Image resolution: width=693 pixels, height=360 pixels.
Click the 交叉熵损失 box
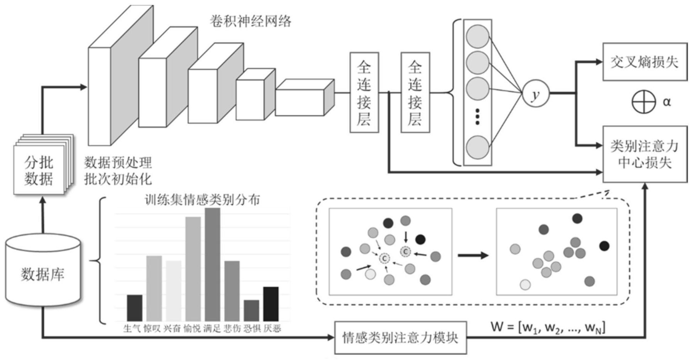644,62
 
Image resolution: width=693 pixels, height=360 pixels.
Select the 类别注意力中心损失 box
644,154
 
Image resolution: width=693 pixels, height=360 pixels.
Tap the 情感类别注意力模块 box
400,338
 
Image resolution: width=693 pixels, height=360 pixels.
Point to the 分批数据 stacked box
39,170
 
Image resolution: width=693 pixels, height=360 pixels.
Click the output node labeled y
535,93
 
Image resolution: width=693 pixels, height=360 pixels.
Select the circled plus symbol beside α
643,102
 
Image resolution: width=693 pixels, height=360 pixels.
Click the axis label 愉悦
192,328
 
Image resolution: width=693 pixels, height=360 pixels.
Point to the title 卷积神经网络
250,21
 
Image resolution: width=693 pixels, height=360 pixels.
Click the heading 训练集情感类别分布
202,200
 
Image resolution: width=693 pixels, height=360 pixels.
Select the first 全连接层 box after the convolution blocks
364,93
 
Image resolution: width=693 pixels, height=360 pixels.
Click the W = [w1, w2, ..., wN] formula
548,328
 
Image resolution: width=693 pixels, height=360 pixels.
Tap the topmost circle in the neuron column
477,37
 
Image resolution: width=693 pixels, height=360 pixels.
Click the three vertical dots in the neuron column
477,117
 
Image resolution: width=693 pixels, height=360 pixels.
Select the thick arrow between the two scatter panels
473,255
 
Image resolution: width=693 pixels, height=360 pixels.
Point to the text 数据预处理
118,163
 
